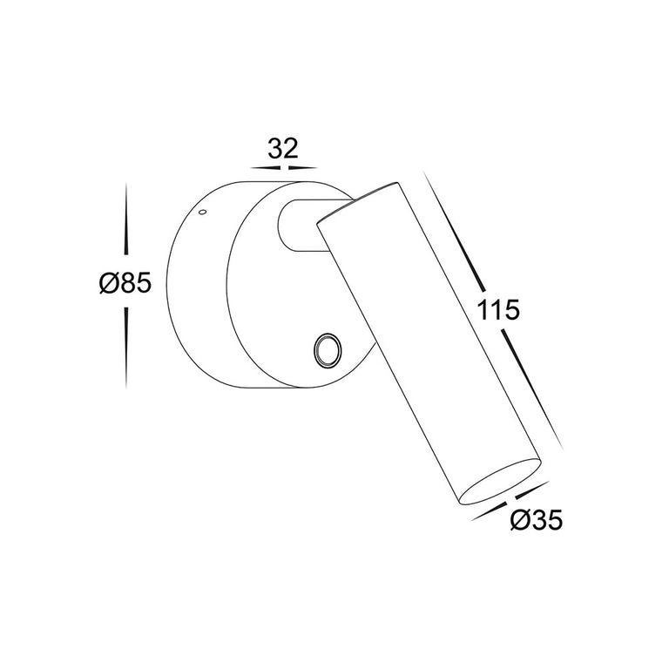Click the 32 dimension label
(x=282, y=148)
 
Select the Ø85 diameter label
(x=125, y=283)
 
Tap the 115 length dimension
(x=498, y=309)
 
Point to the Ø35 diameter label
(x=537, y=520)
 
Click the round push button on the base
(x=328, y=350)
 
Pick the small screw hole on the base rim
(x=203, y=211)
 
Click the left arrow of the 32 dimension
(x=265, y=168)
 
